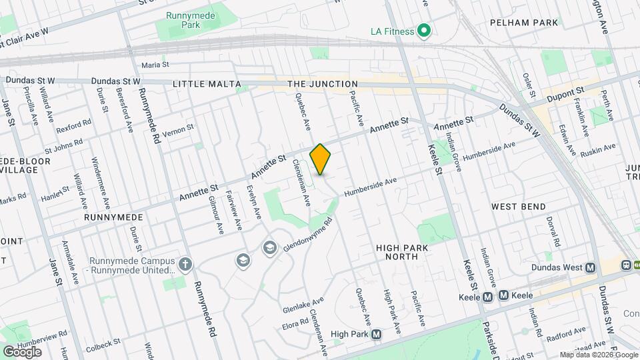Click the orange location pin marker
[321, 159]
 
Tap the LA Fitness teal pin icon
[423, 31]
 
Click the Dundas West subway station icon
[590, 268]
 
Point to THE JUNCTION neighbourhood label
[323, 84]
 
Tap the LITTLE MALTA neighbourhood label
[205, 84]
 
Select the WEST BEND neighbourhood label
[519, 207]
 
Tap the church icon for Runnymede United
[185, 265]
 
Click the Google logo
[22, 351]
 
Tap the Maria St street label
[155, 65]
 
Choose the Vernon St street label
[179, 127]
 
